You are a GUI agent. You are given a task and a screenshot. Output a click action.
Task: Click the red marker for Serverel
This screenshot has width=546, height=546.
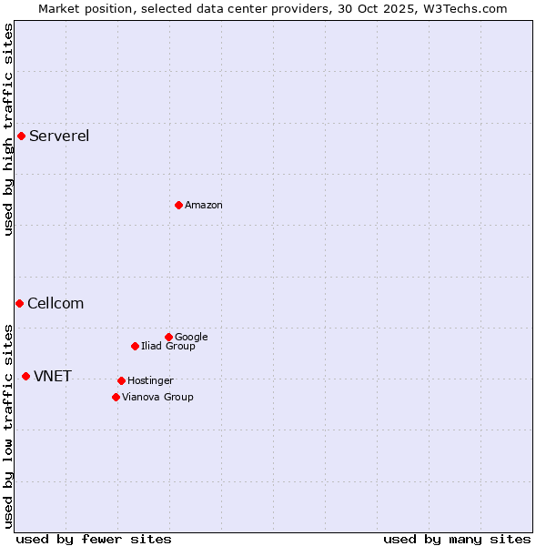click(21, 136)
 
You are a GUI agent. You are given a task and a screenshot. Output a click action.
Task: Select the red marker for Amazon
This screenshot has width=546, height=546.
click(178, 205)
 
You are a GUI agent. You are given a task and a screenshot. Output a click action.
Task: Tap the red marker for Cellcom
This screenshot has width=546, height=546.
click(19, 303)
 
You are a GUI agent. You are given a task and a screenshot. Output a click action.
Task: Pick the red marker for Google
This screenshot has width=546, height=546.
click(168, 337)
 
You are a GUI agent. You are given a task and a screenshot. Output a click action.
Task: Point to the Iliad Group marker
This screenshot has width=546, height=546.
click(135, 346)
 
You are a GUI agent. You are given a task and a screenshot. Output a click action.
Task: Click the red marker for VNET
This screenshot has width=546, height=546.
click(25, 376)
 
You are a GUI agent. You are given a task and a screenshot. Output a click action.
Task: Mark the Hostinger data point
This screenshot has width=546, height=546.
click(121, 380)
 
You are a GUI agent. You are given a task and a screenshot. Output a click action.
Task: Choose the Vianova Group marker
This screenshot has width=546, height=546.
click(116, 397)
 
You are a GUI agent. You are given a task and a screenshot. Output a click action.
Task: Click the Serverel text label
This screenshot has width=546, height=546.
click(59, 136)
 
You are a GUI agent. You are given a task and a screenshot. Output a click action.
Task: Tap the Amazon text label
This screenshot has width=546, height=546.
click(204, 206)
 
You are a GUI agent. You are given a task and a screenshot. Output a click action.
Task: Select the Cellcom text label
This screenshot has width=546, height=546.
click(56, 304)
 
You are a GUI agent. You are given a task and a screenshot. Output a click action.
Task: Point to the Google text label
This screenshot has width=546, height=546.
click(191, 337)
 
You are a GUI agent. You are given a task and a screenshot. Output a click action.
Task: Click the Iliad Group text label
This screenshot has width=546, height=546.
click(168, 346)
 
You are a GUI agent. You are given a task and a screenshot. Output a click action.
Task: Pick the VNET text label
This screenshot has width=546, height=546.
click(53, 377)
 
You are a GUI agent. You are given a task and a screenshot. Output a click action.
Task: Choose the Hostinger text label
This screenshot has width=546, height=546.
click(150, 380)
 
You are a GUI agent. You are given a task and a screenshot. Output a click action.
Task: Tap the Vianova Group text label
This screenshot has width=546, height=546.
click(157, 397)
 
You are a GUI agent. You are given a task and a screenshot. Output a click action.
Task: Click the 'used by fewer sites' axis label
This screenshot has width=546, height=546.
click(94, 539)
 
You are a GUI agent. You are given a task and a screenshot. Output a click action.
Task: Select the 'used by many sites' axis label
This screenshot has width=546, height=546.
click(457, 539)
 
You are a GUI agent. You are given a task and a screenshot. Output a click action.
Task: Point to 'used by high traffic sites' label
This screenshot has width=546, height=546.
click(8, 129)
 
